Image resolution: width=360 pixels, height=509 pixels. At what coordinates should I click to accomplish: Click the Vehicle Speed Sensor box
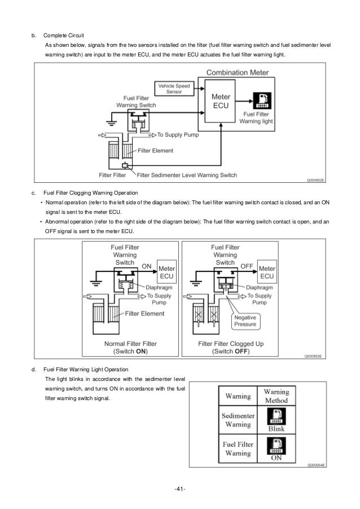point(174,89)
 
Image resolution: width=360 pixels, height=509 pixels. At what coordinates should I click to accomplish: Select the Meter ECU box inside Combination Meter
point(220,101)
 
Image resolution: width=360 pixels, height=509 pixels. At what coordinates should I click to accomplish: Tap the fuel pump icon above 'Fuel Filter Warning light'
point(262,100)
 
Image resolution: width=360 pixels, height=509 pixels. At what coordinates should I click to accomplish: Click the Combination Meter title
point(238,72)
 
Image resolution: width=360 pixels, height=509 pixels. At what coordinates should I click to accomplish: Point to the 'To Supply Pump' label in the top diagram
point(178,135)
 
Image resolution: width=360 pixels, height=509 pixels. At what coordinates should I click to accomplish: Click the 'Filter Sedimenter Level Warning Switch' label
point(187,175)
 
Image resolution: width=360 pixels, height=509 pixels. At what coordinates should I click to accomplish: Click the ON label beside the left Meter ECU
point(147,266)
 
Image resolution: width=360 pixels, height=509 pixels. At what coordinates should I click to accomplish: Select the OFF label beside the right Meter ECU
point(247,266)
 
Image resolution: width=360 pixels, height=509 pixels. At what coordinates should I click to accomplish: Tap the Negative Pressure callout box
point(245,321)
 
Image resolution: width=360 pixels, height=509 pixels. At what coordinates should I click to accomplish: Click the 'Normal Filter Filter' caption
point(130,344)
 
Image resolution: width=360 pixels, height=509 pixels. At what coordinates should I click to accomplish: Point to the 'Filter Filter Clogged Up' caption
point(231,344)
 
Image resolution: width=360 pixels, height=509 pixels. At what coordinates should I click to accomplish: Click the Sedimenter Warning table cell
point(238,420)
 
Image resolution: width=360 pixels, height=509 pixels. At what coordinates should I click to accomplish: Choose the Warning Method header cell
point(276,396)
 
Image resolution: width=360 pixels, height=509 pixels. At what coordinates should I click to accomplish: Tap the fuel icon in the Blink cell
point(276,416)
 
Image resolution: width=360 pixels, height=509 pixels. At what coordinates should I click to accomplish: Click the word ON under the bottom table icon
point(276,458)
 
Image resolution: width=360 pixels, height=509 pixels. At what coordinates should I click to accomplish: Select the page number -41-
point(180,489)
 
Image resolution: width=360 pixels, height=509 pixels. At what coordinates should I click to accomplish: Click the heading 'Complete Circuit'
point(64,36)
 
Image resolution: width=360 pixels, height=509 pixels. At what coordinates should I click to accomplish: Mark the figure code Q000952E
point(315,180)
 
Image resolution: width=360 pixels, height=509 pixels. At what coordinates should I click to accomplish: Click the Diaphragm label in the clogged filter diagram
point(260,288)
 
